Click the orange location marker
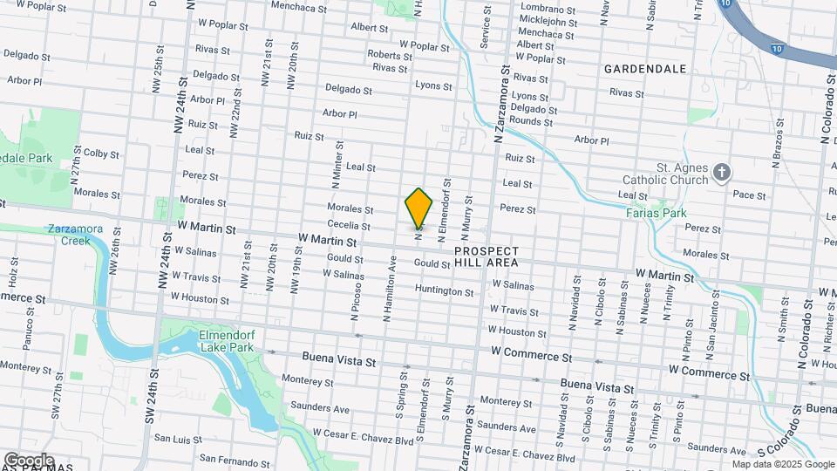[x=418, y=208]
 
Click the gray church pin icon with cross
[x=721, y=172]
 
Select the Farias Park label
[x=656, y=213]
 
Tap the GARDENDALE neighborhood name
[x=645, y=68]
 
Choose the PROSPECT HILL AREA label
[x=487, y=256]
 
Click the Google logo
[x=29, y=460]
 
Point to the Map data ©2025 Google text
[x=783, y=465]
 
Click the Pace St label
[x=749, y=195]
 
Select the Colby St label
[x=101, y=154]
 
